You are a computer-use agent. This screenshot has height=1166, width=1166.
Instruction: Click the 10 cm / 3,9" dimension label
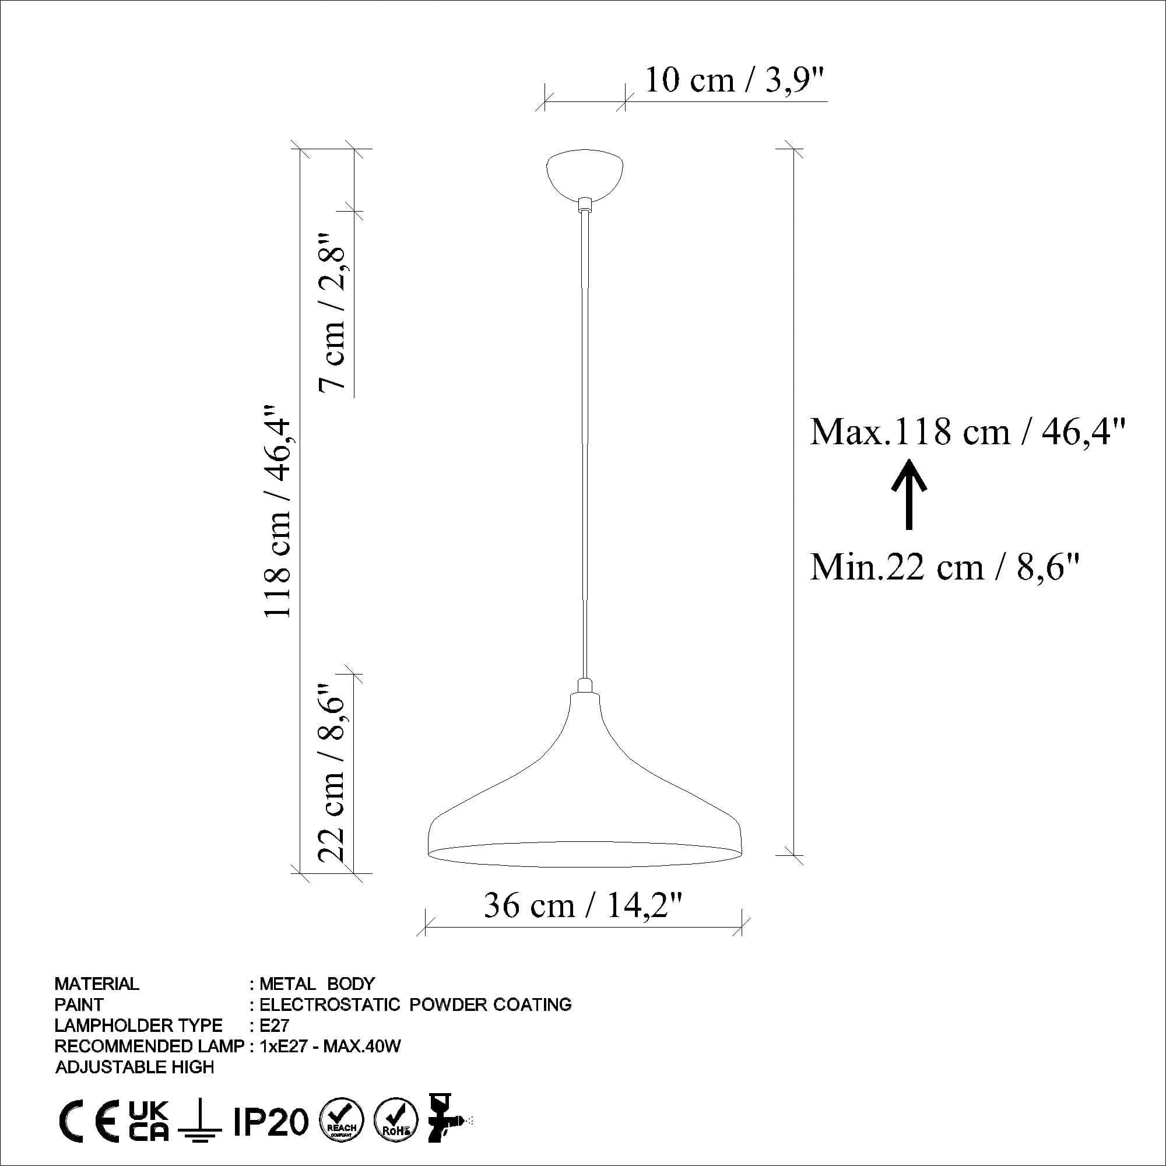[734, 80]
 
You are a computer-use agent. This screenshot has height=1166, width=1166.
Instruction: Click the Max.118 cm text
[967, 432]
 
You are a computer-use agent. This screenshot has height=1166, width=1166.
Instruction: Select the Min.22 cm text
[944, 567]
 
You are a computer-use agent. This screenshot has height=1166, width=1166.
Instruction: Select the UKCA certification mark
[149, 1121]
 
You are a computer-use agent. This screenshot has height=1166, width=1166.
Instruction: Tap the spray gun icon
[447, 1119]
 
